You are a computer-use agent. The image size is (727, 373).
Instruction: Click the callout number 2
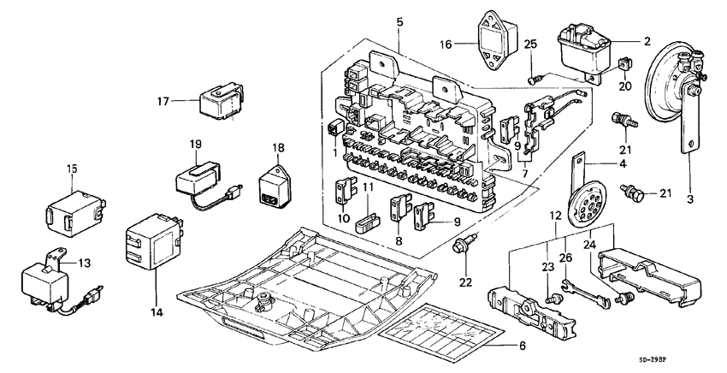tap(647, 40)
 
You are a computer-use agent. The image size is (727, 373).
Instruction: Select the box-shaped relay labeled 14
tap(151, 241)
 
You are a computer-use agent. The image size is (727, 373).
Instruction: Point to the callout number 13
tap(84, 263)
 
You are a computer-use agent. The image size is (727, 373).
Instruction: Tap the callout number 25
tap(531, 44)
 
